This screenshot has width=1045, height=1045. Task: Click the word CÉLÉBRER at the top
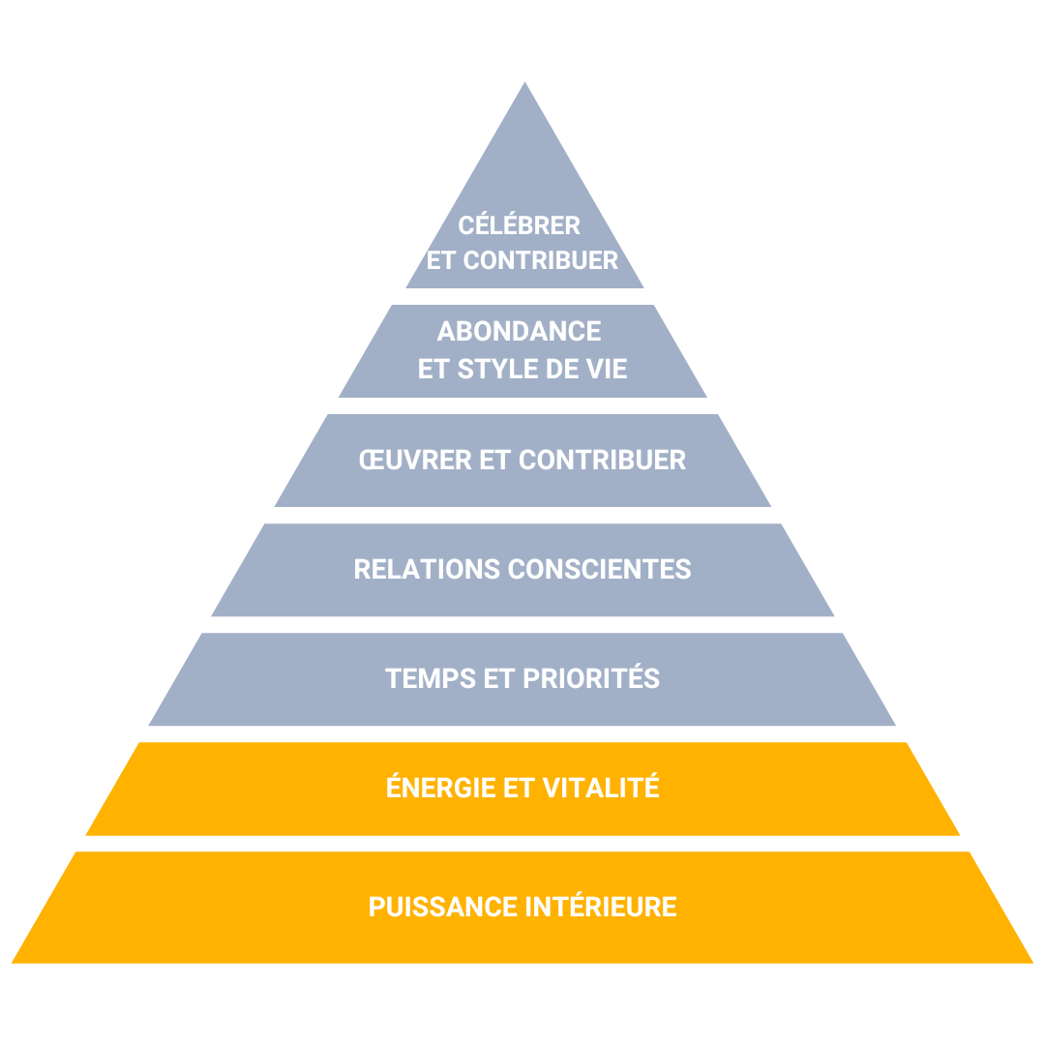pos(520,225)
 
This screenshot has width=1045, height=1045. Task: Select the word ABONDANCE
pos(520,332)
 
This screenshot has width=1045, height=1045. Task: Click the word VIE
pos(608,369)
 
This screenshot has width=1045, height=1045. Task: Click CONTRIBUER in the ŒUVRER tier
pos(602,460)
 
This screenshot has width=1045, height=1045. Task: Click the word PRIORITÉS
pos(591,678)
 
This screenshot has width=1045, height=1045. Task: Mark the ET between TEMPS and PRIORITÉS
pos(498,678)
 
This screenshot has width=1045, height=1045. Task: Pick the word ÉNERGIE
pos(440,788)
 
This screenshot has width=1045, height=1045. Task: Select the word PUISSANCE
pos(443,908)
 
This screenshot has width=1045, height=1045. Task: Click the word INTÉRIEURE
pos(601,908)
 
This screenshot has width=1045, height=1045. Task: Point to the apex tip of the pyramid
pos(524,83)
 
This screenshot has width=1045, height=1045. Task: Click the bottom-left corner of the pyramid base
pos(14,962)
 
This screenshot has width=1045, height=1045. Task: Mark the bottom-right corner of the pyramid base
pos(1031,962)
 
